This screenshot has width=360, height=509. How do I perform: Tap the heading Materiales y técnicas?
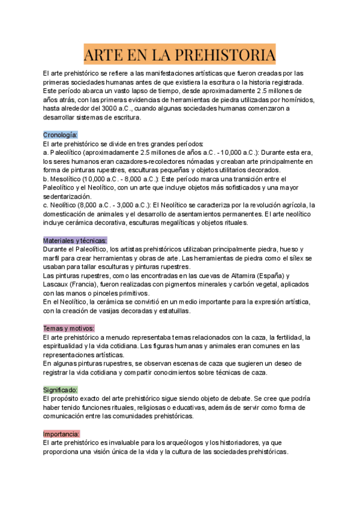[x=75, y=240]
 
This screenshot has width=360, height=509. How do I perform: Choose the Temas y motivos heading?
[x=68, y=328]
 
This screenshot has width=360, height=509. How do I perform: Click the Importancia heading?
[x=62, y=433]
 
